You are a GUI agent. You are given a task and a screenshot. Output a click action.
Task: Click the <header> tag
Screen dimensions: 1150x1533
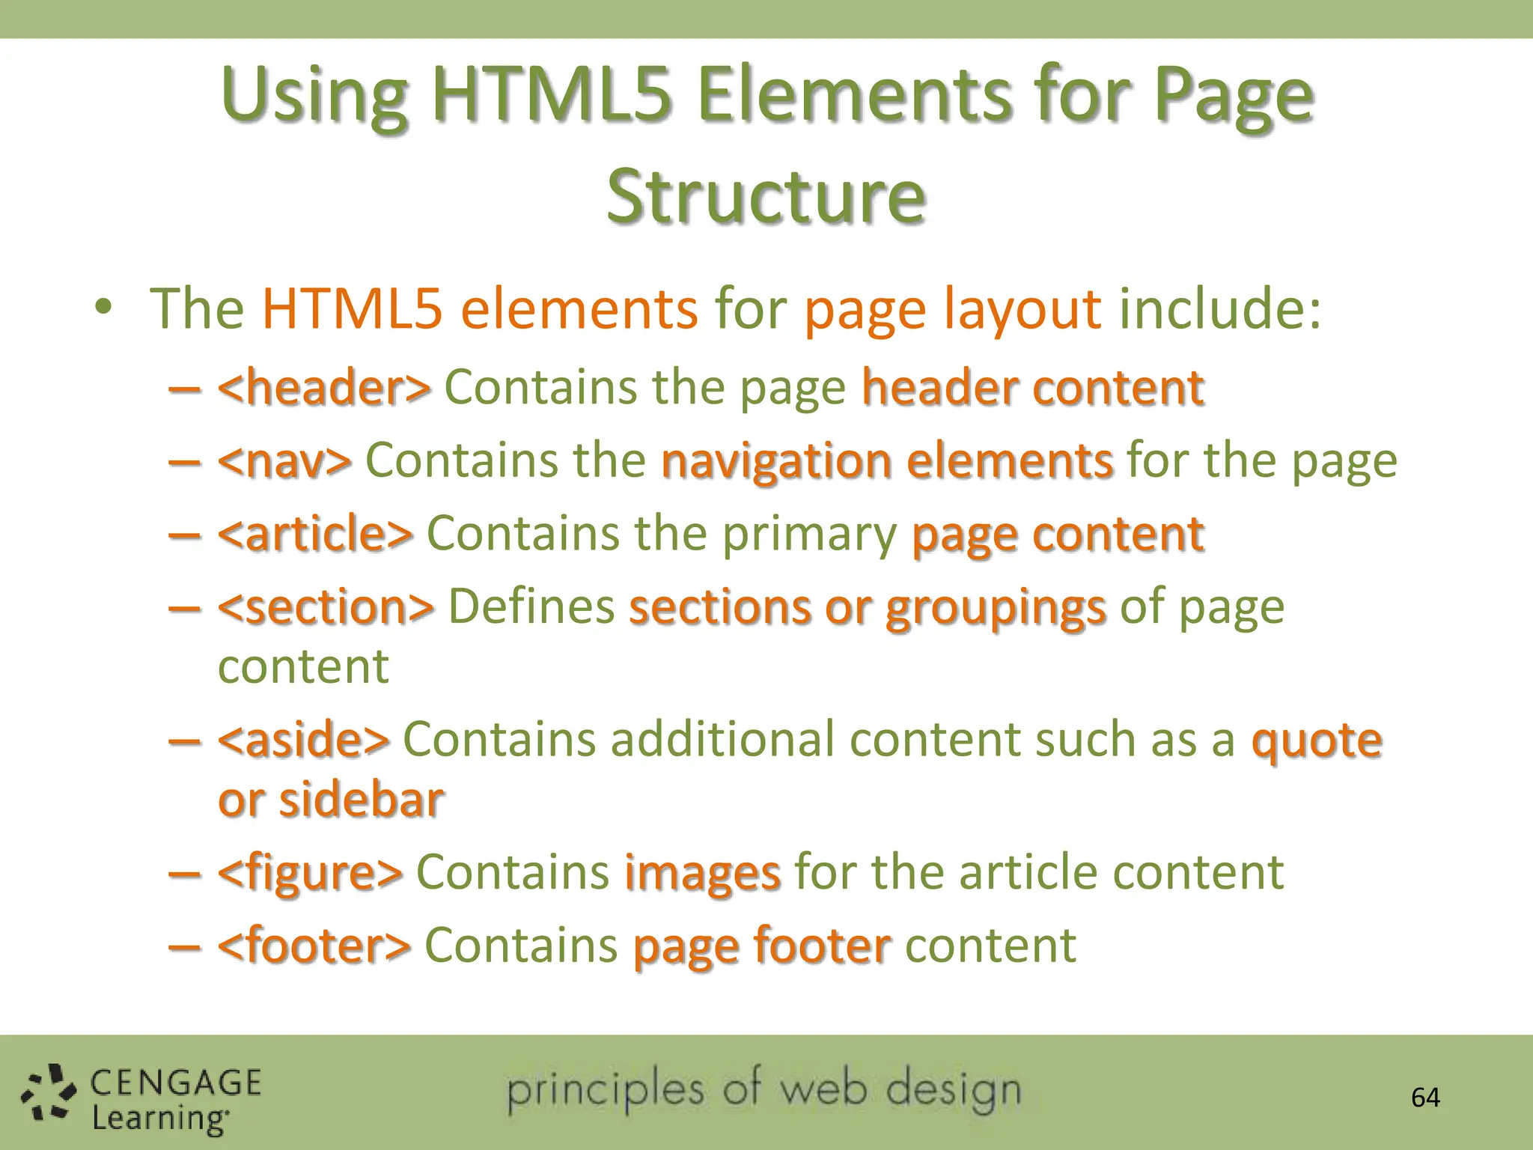(x=324, y=388)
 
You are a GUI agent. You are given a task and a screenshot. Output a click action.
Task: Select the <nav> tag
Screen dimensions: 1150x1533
(x=284, y=460)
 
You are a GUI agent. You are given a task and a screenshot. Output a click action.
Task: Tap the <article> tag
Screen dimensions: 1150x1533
(x=315, y=534)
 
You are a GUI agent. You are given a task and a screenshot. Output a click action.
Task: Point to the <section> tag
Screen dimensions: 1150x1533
(x=326, y=606)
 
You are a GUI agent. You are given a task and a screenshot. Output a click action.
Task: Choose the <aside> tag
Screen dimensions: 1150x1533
(x=303, y=740)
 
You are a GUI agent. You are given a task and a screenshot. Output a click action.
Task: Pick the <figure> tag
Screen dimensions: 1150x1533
(x=310, y=872)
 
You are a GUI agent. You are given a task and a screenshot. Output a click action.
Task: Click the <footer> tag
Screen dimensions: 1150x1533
(x=314, y=946)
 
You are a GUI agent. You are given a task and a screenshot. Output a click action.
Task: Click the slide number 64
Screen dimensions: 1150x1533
(x=1425, y=1098)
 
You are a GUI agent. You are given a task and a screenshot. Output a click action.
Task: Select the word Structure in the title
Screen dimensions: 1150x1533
(x=766, y=196)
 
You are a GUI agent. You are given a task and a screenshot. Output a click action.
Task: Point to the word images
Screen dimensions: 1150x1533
(x=702, y=874)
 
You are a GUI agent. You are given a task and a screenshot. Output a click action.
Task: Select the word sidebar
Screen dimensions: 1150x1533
(x=362, y=800)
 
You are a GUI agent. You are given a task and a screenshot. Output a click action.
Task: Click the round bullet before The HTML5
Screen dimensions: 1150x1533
(x=103, y=307)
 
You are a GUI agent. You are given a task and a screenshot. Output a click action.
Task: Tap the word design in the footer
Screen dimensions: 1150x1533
(x=954, y=1092)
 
